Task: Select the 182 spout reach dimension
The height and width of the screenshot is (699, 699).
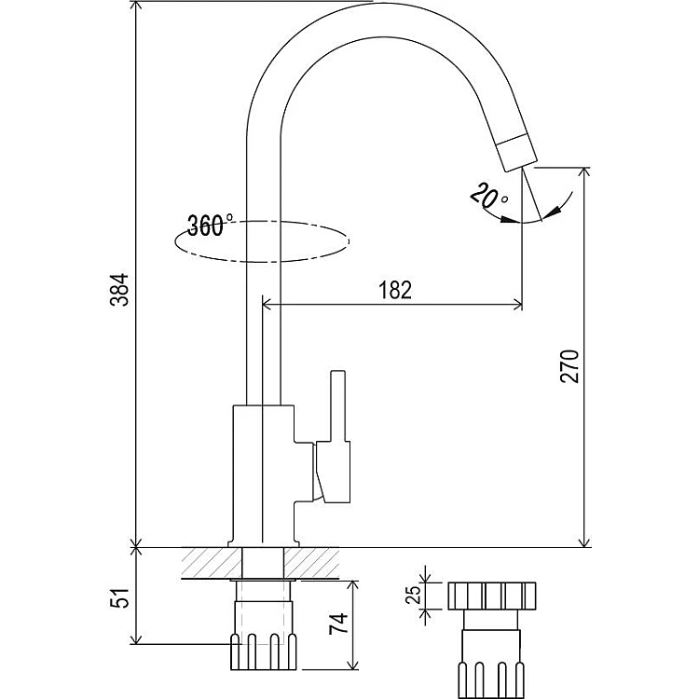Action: pos(394,290)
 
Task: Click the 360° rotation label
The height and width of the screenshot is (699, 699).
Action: pos(210,225)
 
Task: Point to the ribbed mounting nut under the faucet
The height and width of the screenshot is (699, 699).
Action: pos(264,651)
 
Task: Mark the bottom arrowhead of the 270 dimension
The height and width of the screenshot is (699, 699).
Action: pos(585,541)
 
